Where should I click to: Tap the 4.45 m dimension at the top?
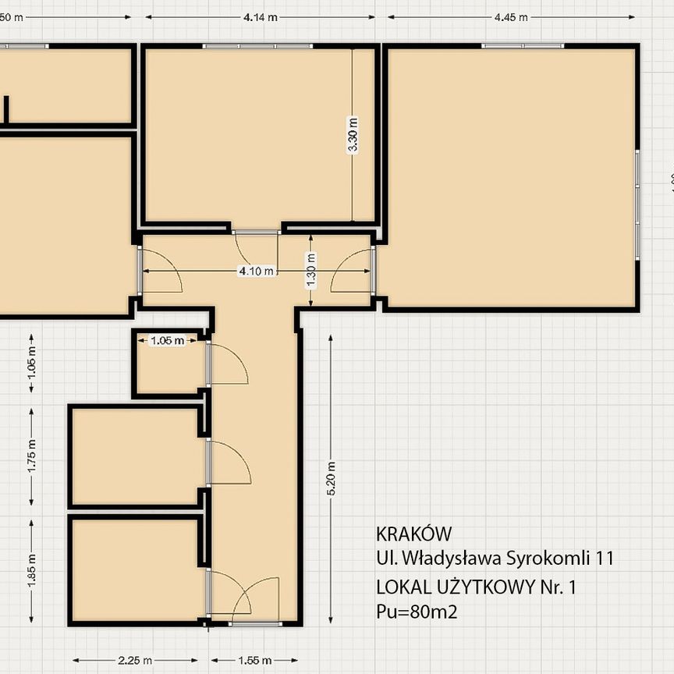(x=511, y=16)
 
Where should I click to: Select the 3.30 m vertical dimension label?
(x=353, y=135)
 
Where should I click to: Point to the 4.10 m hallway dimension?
(x=257, y=271)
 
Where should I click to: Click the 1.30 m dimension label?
(x=311, y=271)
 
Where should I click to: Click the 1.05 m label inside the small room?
(x=167, y=340)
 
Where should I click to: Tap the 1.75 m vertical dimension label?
(x=32, y=457)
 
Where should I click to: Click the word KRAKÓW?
(x=413, y=534)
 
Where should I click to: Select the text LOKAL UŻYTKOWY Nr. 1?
(x=476, y=587)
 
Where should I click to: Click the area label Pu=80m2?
(x=417, y=612)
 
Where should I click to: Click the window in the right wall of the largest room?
(x=637, y=204)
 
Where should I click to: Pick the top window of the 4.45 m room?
(x=523, y=46)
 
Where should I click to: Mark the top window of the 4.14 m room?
(x=257, y=46)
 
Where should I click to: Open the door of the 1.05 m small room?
(x=226, y=365)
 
